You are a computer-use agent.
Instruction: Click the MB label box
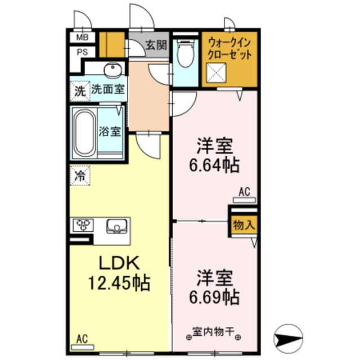(x=82, y=38)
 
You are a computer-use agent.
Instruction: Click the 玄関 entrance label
(x=156, y=46)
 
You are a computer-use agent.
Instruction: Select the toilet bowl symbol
(x=183, y=56)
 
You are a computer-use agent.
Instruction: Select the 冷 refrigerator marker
(x=80, y=175)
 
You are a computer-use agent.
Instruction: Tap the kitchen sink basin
(x=118, y=226)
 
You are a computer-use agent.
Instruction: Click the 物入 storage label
(x=243, y=224)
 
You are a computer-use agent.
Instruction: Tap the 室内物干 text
(x=214, y=331)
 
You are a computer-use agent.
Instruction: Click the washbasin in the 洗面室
(x=113, y=70)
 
